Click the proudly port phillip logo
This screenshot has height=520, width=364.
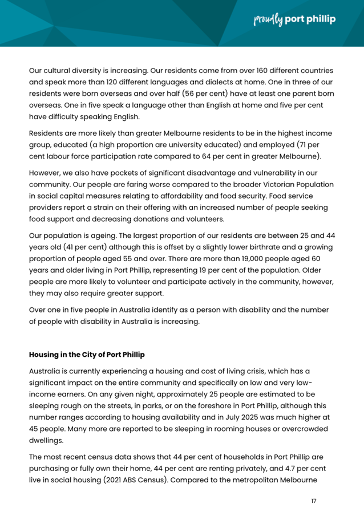(x=294, y=19)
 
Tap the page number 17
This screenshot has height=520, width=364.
(x=313, y=501)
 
